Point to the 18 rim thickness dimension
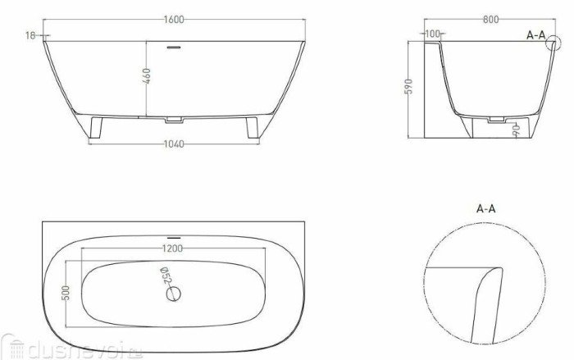point(30,34)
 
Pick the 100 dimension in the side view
point(432,34)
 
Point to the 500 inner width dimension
point(70,294)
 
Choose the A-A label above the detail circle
point(486,208)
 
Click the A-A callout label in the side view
point(536,34)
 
